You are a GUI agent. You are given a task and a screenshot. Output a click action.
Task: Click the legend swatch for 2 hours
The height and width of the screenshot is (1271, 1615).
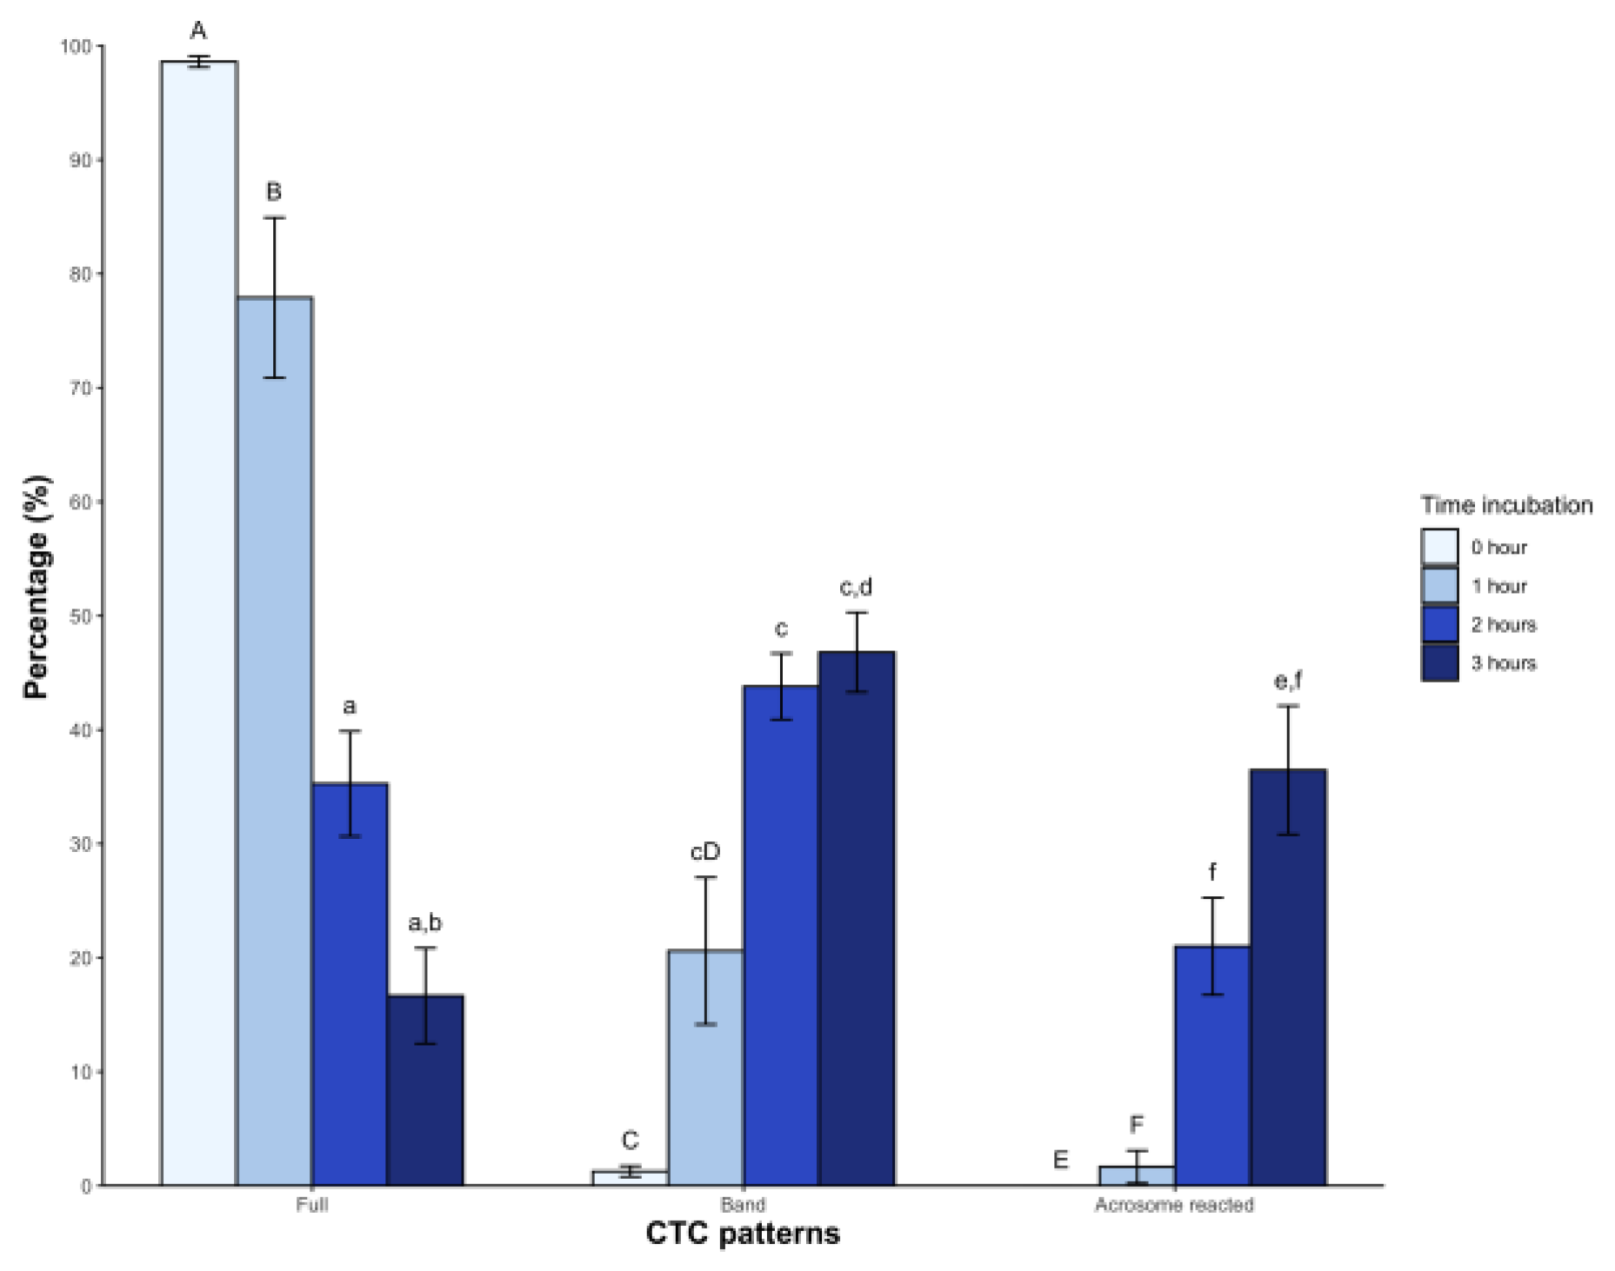(1439, 624)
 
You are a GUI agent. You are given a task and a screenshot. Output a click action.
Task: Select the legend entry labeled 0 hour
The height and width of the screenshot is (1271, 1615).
(1498, 548)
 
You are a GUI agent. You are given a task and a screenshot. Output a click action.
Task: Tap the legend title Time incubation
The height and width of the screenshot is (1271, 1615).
(1506, 506)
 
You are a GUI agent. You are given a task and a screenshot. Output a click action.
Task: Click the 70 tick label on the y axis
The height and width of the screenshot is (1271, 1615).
(80, 388)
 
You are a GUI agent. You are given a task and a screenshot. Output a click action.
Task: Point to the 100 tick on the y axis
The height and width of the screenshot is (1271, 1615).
(77, 46)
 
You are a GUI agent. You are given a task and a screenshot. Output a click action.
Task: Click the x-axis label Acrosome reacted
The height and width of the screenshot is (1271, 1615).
(1173, 1205)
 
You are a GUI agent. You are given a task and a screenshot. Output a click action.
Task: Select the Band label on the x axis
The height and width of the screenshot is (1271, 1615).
(743, 1205)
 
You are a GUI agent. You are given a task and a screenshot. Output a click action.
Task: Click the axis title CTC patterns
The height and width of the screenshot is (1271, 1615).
(743, 1234)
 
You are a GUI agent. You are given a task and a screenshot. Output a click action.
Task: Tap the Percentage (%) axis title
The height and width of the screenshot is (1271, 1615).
(37, 587)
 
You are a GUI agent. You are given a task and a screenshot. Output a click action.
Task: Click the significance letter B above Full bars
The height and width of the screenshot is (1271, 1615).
(273, 191)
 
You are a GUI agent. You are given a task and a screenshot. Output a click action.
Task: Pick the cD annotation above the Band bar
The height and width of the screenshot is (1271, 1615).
(704, 852)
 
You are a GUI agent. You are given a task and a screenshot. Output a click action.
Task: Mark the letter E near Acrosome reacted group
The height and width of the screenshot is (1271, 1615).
(1060, 1160)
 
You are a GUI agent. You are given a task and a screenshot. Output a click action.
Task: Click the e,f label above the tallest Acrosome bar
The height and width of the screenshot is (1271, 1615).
(1288, 681)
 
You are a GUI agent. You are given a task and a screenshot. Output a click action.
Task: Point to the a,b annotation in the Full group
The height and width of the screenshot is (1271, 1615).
(424, 922)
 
